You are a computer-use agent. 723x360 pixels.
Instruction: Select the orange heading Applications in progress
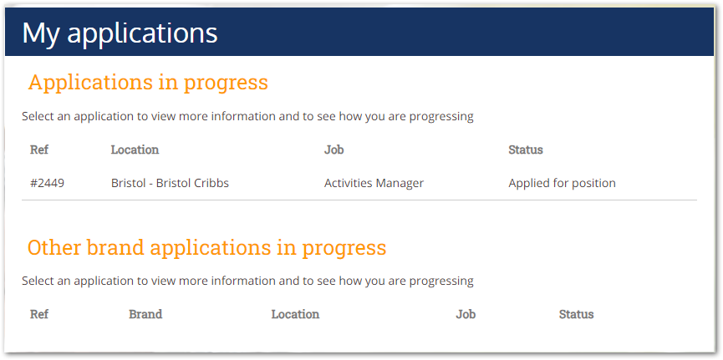pos(148,83)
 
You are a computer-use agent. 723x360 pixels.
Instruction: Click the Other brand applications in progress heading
pos(206,247)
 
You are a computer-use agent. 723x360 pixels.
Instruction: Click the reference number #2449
pos(47,183)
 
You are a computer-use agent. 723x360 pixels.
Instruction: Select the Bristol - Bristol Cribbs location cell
pos(170,183)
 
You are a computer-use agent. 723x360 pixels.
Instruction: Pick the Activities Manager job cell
pos(374,183)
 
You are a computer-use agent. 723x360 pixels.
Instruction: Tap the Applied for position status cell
pos(562,183)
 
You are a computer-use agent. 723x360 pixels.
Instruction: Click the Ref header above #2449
pos(39,150)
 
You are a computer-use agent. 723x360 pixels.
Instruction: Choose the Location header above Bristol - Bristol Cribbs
pos(135,150)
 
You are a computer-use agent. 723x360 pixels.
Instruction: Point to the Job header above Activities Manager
pos(333,150)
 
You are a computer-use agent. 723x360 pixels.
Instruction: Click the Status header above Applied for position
pos(526,150)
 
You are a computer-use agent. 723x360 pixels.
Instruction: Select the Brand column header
pos(145,314)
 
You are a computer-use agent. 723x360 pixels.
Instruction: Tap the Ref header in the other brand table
pos(39,314)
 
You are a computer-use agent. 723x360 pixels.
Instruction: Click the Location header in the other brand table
pos(295,314)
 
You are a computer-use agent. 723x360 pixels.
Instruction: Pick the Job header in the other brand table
pos(466,314)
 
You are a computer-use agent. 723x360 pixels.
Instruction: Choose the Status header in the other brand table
pos(577,314)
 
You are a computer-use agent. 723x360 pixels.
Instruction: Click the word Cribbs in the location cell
pos(213,183)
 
